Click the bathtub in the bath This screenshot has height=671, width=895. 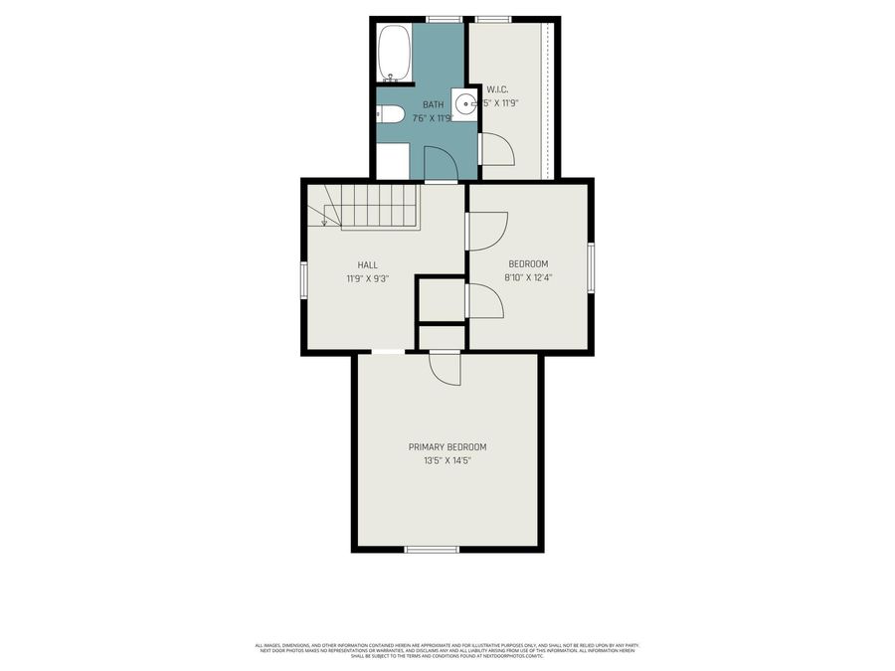[394, 53]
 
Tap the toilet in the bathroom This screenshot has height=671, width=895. [389, 114]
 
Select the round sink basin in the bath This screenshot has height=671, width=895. [464, 103]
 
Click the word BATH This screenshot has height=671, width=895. [434, 104]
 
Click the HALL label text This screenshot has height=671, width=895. [367, 264]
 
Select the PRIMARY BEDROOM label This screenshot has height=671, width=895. [447, 447]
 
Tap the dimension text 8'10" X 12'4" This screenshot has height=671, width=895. [528, 277]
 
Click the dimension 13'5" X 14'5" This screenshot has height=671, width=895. [447, 460]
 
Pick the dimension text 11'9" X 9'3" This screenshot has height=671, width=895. [367, 278]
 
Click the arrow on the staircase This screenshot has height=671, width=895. [324, 218]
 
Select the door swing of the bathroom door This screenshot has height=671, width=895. [439, 163]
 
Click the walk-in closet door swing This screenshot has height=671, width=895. [497, 149]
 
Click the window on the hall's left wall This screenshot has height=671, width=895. [304, 278]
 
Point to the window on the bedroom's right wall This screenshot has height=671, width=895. [591, 267]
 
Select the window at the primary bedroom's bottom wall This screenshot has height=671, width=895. [432, 549]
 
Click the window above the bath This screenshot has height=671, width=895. [445, 19]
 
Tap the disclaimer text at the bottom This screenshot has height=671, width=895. [447, 650]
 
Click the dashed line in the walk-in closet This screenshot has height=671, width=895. [544, 99]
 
